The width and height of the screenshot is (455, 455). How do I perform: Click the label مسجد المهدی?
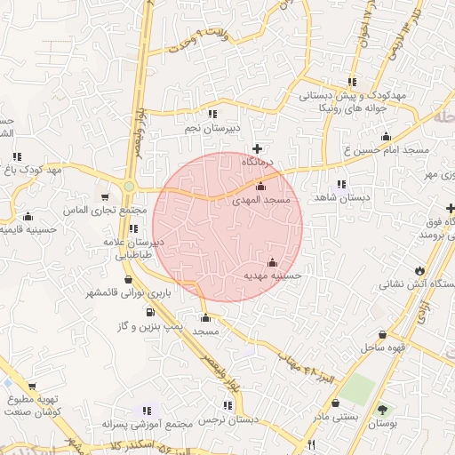pos(261,202)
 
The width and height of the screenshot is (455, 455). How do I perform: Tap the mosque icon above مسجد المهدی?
pos(260,187)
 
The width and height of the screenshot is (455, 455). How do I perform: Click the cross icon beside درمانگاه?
pos(258,148)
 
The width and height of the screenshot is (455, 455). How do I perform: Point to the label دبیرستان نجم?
pos(212,128)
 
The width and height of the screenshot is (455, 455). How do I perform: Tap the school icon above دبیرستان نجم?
pos(212,114)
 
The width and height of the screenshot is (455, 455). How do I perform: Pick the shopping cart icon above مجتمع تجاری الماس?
pos(105,197)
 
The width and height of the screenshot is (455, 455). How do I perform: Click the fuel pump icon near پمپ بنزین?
pos(148,312)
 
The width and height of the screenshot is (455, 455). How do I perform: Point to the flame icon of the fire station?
pos(419,270)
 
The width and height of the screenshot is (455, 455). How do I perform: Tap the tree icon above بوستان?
pos(382,410)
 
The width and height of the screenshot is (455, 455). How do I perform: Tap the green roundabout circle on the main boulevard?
pos(129,187)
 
